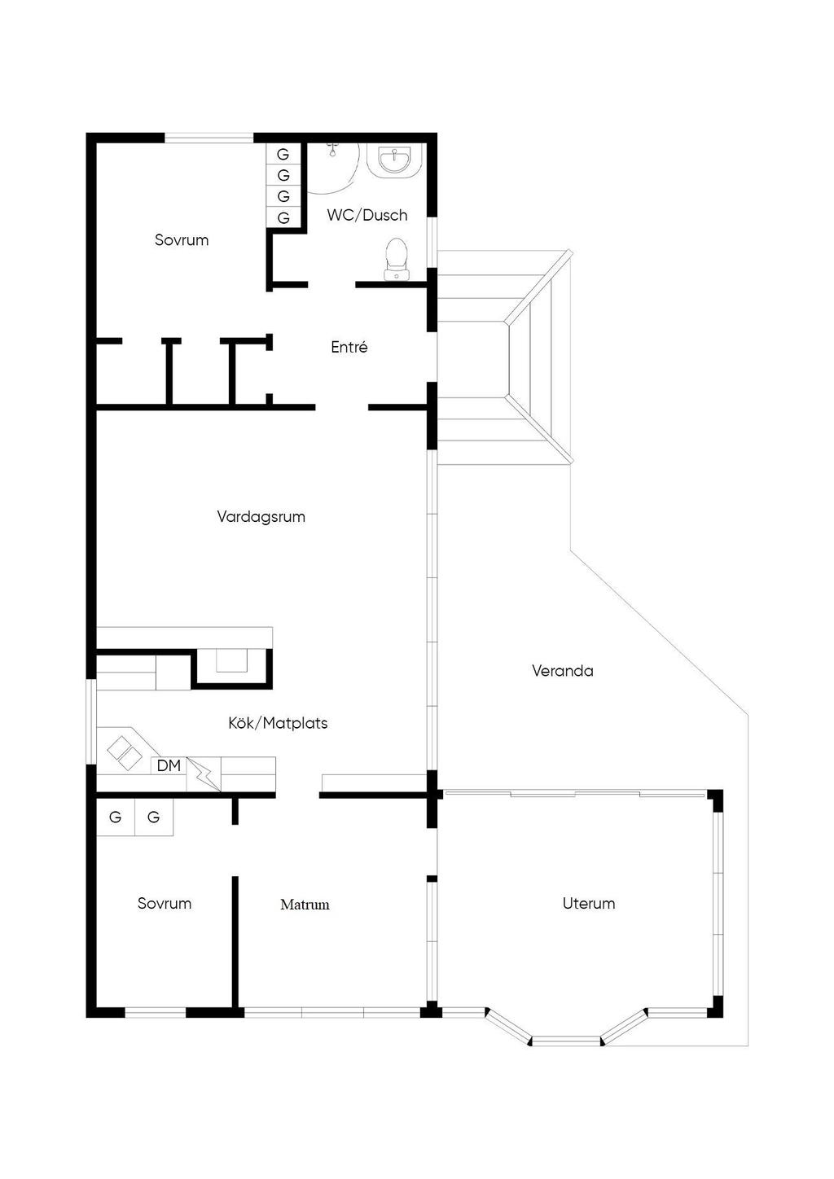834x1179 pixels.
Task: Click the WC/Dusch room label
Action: [x=367, y=215]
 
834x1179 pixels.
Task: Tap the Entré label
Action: [x=349, y=347]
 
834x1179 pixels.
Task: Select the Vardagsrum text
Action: [x=261, y=516]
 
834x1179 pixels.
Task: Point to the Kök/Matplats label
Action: [x=278, y=723]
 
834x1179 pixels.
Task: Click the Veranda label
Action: [x=562, y=671]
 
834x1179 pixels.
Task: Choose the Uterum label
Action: [x=589, y=903]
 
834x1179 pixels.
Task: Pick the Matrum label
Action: [x=305, y=905]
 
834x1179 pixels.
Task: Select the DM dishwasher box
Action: [x=169, y=765]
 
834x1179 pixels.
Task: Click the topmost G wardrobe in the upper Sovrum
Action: [x=283, y=154]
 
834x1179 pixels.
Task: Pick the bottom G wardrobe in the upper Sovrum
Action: [x=283, y=217]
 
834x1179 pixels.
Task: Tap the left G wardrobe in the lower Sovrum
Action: [x=116, y=817]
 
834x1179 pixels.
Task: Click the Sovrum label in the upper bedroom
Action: [x=182, y=240]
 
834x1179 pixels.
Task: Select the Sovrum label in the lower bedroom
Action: [x=165, y=903]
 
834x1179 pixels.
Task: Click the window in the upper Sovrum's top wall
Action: [x=209, y=138]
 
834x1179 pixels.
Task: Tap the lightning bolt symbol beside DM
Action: [x=204, y=774]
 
